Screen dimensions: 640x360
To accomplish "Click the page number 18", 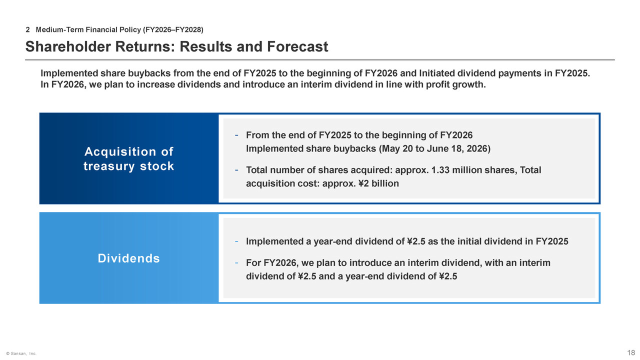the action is (x=631, y=352).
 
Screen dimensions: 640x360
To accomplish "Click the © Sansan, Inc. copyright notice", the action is (x=21, y=353).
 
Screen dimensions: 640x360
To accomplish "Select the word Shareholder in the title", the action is (x=68, y=46).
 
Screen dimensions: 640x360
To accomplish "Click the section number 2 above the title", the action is (x=27, y=29).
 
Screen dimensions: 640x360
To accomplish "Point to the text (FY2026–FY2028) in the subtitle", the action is (x=173, y=29).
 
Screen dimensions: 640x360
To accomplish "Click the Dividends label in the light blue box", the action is (x=129, y=258).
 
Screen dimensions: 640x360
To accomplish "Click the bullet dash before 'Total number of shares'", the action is (x=236, y=170).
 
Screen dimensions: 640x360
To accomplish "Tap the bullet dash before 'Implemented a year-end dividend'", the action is (x=236, y=241).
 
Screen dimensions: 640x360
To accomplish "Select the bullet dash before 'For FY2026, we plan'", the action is (x=236, y=263).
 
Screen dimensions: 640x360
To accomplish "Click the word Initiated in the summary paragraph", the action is (x=437, y=73).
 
